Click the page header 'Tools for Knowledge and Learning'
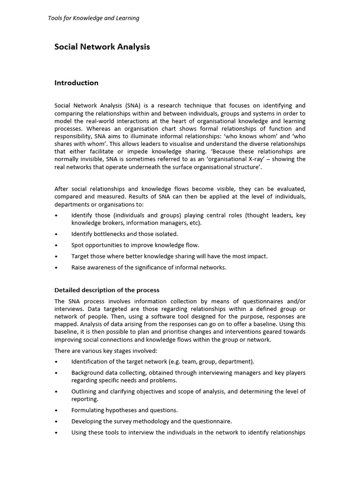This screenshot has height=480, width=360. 94,18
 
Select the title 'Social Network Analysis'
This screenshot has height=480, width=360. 102,47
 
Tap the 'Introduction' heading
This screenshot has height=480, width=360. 76,83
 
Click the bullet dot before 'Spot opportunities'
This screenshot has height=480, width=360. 56,245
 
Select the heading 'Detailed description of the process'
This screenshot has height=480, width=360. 107,290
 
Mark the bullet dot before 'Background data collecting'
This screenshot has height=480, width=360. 56,373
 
